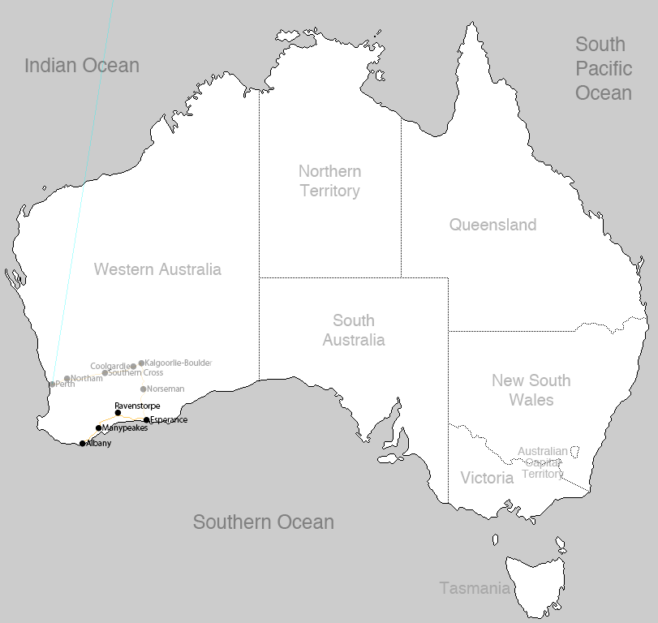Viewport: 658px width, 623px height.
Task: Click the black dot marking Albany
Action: tap(82, 444)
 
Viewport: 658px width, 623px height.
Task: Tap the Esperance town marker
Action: tap(146, 420)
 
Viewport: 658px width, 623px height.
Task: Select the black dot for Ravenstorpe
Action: tap(118, 413)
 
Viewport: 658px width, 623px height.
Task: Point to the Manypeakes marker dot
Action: tap(98, 428)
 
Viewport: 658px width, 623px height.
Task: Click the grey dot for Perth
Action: tap(52, 385)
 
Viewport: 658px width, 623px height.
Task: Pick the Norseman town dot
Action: tap(144, 389)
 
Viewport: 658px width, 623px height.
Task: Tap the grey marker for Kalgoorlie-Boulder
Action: tap(141, 363)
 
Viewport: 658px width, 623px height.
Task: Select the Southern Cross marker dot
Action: tap(105, 373)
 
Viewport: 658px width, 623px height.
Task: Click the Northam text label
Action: tap(87, 378)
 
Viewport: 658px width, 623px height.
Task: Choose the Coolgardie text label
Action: tap(110, 366)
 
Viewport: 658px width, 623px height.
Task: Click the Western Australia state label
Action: tap(157, 269)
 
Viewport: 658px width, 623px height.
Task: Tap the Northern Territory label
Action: tap(329, 181)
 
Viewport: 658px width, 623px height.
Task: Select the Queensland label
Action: tap(492, 225)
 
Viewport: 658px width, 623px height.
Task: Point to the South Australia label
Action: tap(354, 330)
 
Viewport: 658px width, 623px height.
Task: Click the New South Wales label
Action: tap(531, 390)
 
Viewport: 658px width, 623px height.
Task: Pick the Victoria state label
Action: tap(487, 478)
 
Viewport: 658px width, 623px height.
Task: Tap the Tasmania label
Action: tap(475, 588)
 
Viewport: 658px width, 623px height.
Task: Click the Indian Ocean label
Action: tap(82, 66)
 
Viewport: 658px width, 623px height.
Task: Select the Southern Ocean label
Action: tap(263, 522)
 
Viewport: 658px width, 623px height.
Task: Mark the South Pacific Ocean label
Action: tap(603, 68)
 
